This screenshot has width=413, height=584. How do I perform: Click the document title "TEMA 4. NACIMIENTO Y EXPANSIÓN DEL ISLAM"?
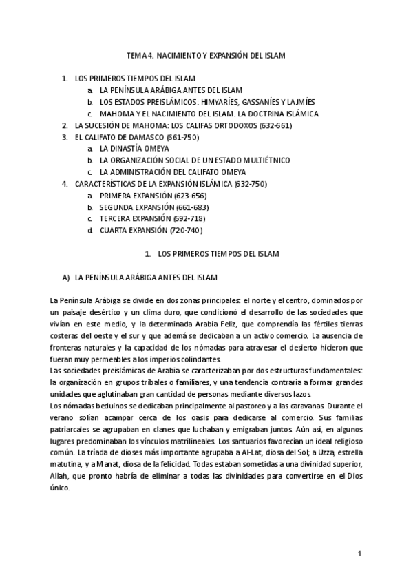[x=206, y=54]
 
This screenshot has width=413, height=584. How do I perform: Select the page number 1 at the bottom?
[x=359, y=553]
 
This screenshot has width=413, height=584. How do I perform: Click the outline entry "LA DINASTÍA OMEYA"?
[x=134, y=149]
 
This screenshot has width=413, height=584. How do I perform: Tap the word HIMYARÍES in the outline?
[x=216, y=102]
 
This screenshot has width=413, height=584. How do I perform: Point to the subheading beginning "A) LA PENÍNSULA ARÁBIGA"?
[x=140, y=278]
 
